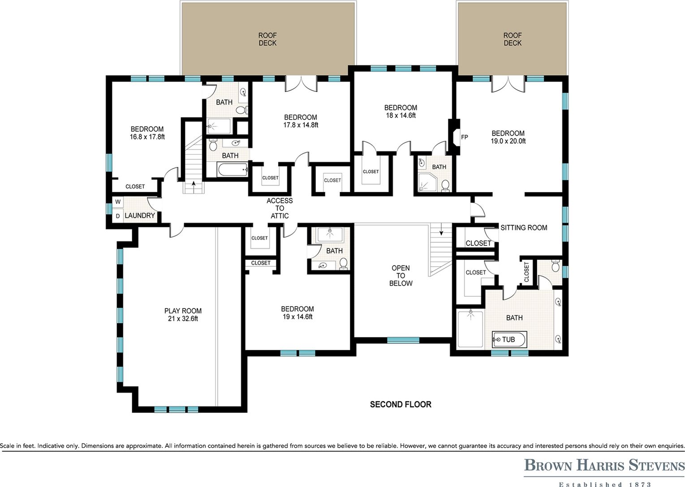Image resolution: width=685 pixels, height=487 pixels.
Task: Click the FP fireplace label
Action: pyautogui.click(x=464, y=137)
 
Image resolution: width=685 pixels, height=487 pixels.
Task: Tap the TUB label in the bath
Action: pyautogui.click(x=508, y=339)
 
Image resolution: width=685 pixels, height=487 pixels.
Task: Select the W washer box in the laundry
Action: pyautogui.click(x=118, y=202)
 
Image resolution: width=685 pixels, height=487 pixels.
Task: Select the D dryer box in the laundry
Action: pyautogui.click(x=118, y=216)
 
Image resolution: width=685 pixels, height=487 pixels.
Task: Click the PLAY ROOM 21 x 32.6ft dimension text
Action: pyautogui.click(x=183, y=319)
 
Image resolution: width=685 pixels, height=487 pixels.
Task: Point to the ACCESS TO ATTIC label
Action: pyautogui.click(x=280, y=209)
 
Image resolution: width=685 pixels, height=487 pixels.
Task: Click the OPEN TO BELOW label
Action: pyautogui.click(x=401, y=276)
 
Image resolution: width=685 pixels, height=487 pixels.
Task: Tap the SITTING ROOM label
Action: pyautogui.click(x=524, y=228)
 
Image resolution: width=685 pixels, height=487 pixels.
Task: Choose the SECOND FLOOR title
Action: pyautogui.click(x=401, y=405)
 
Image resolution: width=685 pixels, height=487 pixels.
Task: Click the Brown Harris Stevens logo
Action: pyautogui.click(x=604, y=466)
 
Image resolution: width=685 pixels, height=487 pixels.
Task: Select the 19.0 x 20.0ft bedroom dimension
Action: pyautogui.click(x=508, y=141)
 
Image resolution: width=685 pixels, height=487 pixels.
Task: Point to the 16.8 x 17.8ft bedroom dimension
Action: pyautogui.click(x=147, y=137)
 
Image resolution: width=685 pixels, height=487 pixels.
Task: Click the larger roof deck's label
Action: pyautogui.click(x=267, y=39)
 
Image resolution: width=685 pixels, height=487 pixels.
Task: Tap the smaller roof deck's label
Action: pyautogui.click(x=513, y=39)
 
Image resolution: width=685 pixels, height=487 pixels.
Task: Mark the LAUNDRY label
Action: pyautogui.click(x=140, y=215)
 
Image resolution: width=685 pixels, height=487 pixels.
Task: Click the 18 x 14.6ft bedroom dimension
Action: pyautogui.click(x=401, y=115)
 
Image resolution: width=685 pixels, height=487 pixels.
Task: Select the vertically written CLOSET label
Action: pyautogui.click(x=526, y=272)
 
